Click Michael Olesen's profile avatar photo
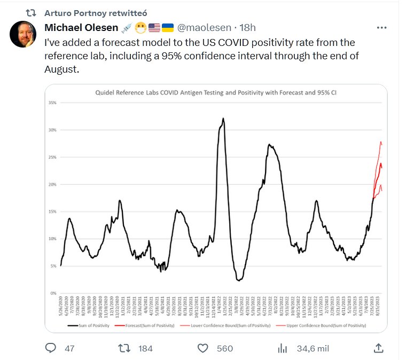pyautogui.click(x=24, y=34)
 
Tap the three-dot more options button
pyautogui.click(x=381, y=27)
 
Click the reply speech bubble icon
pyautogui.click(x=51, y=348)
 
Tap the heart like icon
pyautogui.click(x=202, y=348)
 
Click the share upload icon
pyautogui.click(x=378, y=348)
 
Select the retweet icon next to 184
pyautogui.click(x=123, y=348)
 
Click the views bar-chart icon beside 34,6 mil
pyautogui.click(x=283, y=348)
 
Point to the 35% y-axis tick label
pyautogui.click(x=52, y=102)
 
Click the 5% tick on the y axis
pyautogui.click(x=53, y=265)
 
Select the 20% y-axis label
pyautogui.click(x=52, y=184)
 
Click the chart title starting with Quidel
pyautogui.click(x=215, y=92)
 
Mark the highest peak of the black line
pyautogui.click(x=223, y=119)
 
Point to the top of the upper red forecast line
pyautogui.click(x=380, y=142)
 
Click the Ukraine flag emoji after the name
pyautogui.click(x=167, y=27)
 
